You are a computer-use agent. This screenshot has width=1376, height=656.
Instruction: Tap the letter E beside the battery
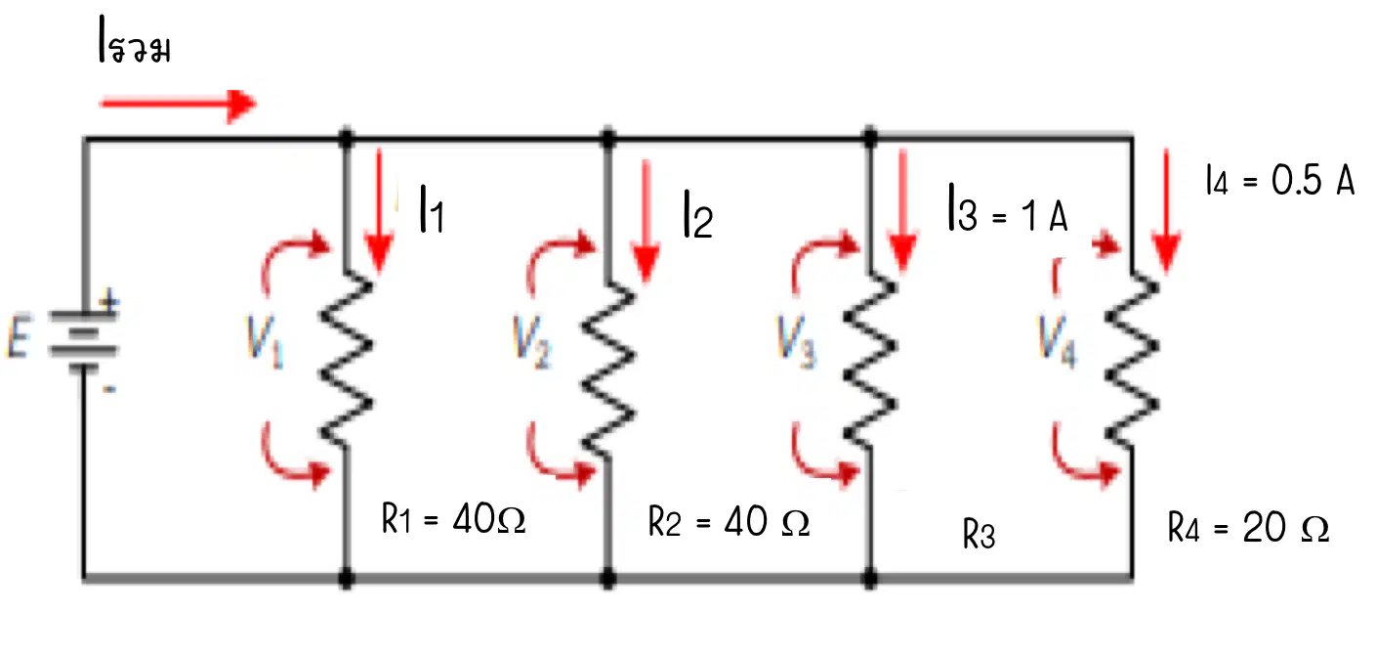click(19, 337)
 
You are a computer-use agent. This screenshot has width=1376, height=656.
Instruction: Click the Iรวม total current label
click(134, 41)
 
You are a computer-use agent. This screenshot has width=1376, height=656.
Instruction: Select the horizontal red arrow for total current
click(178, 105)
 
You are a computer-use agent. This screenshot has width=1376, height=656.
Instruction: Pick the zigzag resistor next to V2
click(608, 368)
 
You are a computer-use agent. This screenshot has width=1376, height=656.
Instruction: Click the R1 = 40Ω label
click(453, 519)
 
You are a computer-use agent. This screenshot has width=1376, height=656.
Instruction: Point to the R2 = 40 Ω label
click(730, 522)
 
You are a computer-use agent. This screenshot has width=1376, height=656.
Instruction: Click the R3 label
click(979, 534)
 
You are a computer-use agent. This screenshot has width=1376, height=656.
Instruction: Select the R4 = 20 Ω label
click(1248, 528)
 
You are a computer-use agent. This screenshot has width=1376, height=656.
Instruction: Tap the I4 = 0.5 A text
click(1279, 181)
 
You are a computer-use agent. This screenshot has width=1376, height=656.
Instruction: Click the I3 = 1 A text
click(1008, 209)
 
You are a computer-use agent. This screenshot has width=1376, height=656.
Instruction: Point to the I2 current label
click(698, 214)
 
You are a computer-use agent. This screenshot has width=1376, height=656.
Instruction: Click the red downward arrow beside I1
click(379, 210)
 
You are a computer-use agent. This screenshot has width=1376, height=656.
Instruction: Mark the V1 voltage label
click(265, 341)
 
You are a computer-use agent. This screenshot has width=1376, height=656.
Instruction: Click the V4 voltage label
click(1058, 341)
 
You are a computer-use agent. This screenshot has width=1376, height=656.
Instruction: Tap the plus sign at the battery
click(109, 301)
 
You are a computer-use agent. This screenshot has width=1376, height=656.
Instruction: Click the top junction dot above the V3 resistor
click(870, 138)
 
